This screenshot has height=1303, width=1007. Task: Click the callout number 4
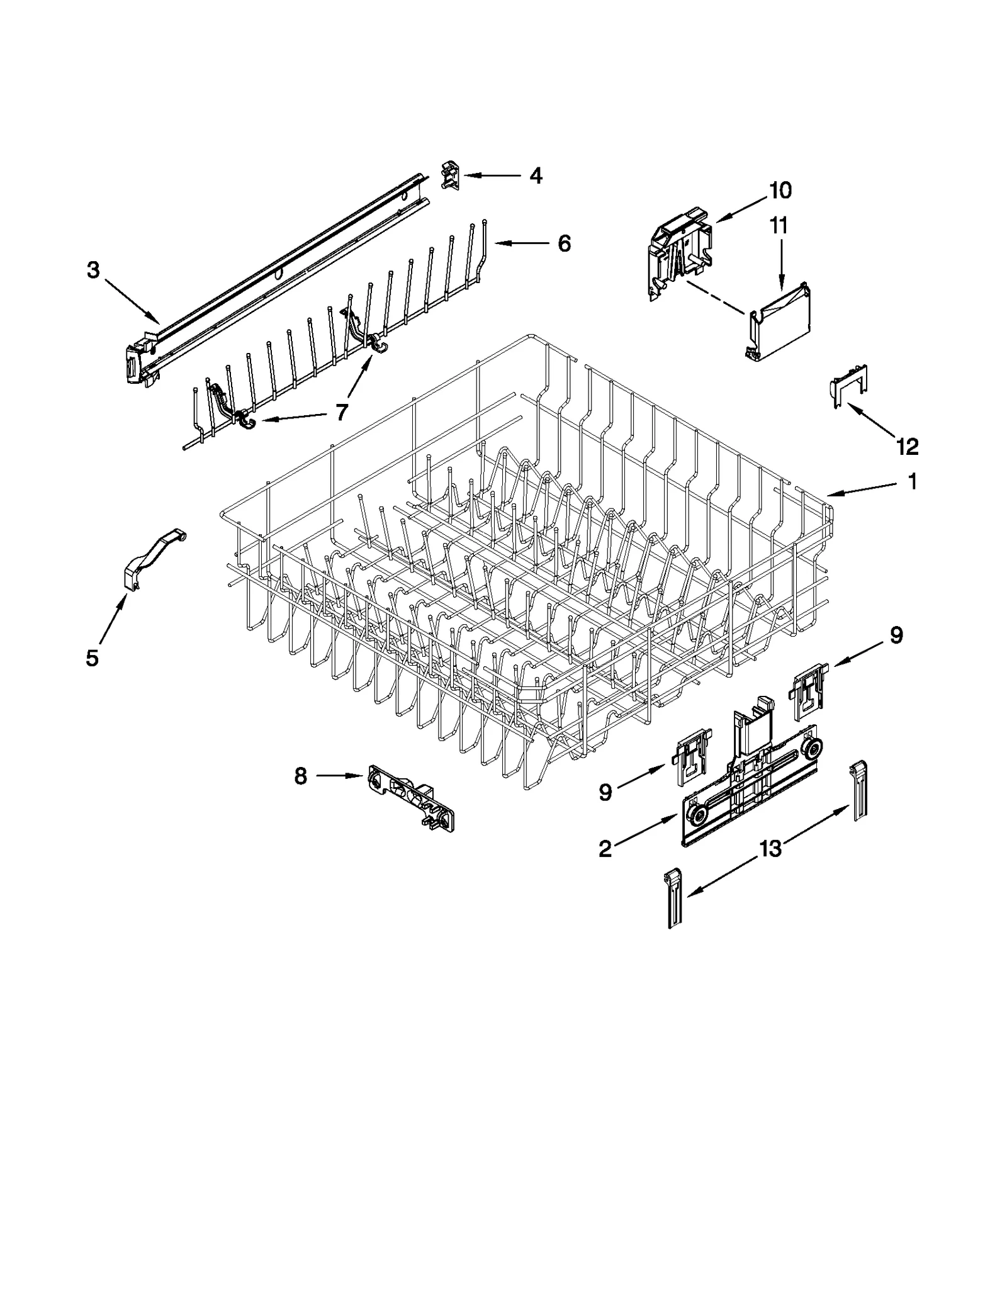point(535,176)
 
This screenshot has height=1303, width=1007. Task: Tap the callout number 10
point(780,190)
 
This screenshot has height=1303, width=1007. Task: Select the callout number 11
point(779,225)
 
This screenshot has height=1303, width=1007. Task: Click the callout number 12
point(908,447)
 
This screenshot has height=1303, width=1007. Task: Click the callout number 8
point(301,776)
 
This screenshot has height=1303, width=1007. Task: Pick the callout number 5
point(92,658)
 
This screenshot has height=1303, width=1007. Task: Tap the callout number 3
point(93,271)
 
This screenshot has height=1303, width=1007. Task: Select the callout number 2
point(605,849)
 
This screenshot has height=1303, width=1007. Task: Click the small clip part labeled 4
point(451,174)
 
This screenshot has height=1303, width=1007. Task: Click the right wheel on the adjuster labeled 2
point(813,749)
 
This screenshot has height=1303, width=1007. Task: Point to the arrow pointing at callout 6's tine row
point(516,243)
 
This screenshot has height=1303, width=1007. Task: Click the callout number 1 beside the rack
point(912,482)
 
